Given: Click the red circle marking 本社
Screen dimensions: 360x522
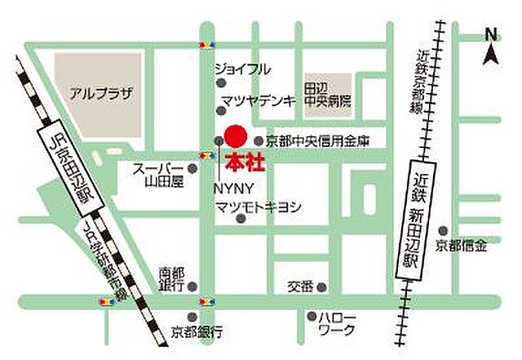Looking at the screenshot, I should tap(235, 136).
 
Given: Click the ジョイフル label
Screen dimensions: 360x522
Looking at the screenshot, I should tap(241, 69).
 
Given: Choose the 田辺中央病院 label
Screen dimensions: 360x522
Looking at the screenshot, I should tap(327, 95).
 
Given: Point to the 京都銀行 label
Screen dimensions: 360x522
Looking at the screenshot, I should tap(196, 331).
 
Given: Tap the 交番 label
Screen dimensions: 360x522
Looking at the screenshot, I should tap(300, 287).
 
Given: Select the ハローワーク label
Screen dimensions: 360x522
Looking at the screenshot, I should tap(338, 323).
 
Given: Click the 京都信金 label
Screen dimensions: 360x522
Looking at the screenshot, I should tap(461, 245).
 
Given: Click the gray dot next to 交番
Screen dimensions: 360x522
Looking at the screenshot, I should tap(322, 287).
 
